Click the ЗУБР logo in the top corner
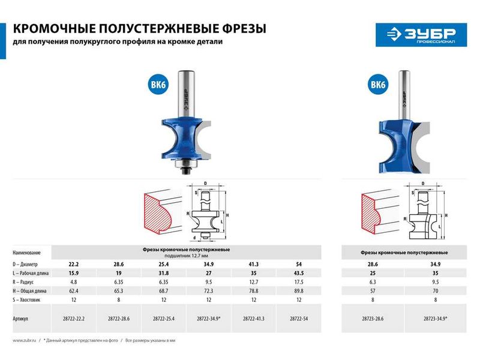click(416, 34)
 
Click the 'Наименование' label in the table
click(30, 253)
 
